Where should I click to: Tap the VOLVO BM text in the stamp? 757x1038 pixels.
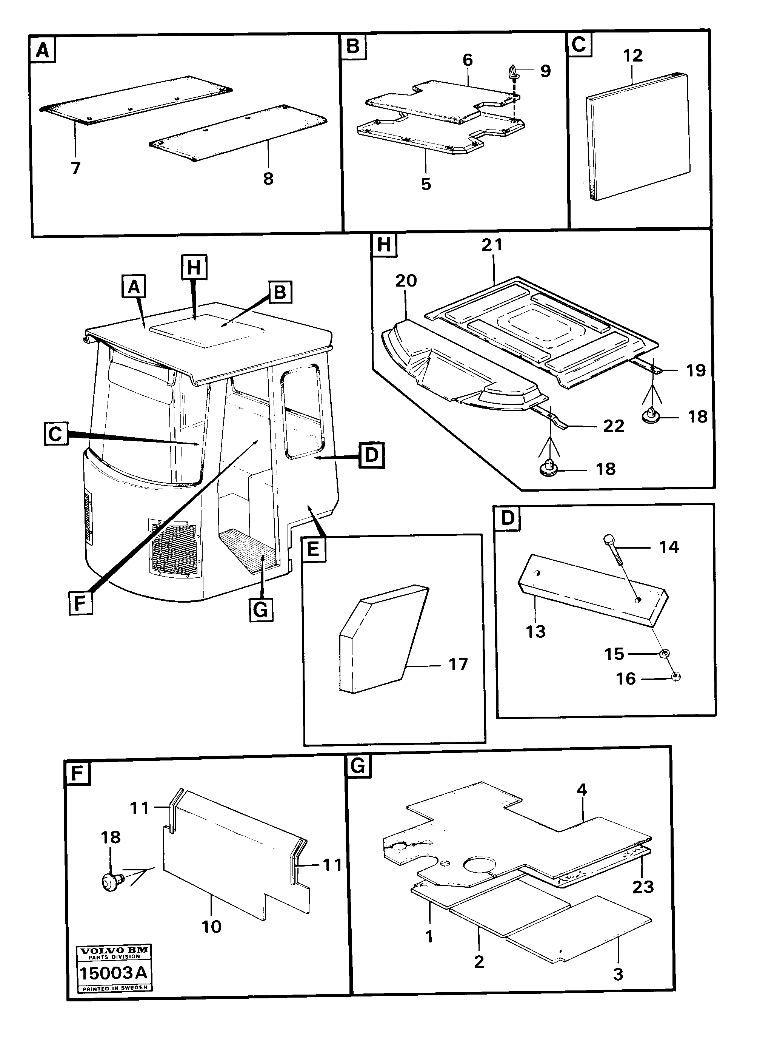pyautogui.click(x=114, y=950)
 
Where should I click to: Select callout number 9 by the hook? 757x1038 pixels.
pyautogui.click(x=545, y=71)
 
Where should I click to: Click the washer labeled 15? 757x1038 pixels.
pyautogui.click(x=663, y=653)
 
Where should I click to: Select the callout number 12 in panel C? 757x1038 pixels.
pyautogui.click(x=632, y=56)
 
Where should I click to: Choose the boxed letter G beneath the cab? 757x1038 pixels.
pyautogui.click(x=261, y=609)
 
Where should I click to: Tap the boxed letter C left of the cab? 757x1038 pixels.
pyautogui.click(x=55, y=433)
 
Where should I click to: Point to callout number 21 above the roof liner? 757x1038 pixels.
pyautogui.click(x=492, y=244)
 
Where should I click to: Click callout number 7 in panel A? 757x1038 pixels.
pyautogui.click(x=75, y=168)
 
